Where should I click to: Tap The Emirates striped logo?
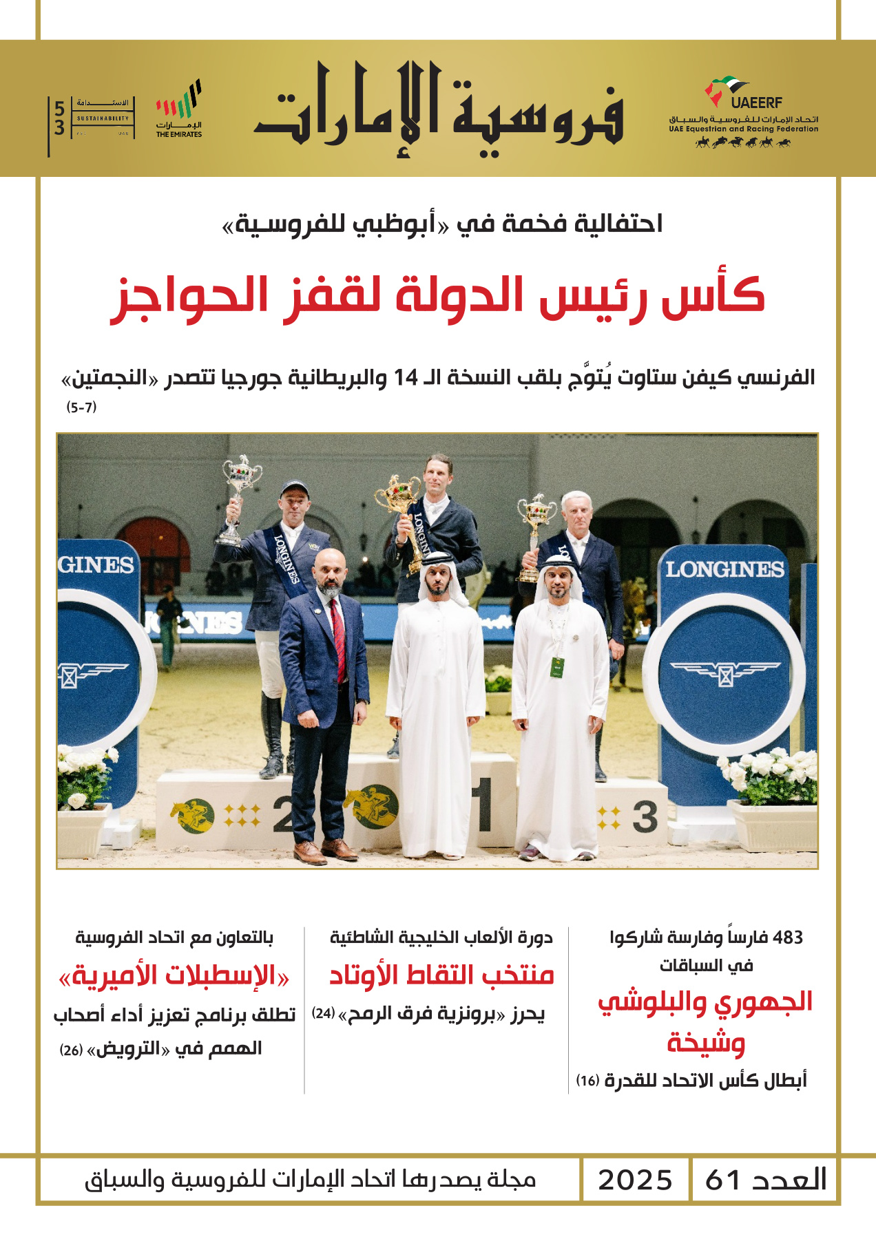(x=179, y=109)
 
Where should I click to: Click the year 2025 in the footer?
(x=634, y=1180)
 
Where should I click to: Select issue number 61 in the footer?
(x=722, y=1180)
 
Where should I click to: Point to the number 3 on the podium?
(x=644, y=817)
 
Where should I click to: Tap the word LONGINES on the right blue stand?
(x=724, y=569)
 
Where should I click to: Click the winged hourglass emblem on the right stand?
(x=724, y=673)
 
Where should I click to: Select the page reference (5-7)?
(x=81, y=407)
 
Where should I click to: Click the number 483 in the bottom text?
(x=788, y=938)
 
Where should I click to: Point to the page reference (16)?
(x=587, y=1081)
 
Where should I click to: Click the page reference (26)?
(x=71, y=1050)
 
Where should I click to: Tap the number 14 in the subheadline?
(x=406, y=378)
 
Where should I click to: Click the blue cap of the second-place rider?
(x=294, y=489)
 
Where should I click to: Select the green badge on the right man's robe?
(x=557, y=666)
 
